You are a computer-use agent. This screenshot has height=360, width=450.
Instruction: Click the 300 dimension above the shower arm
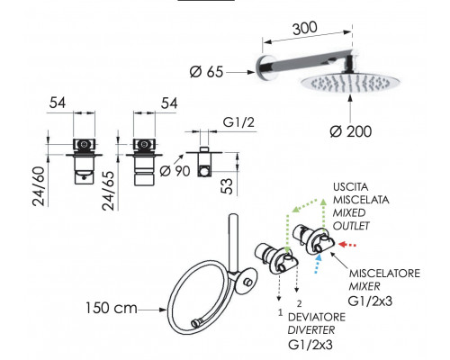(x=305, y=28)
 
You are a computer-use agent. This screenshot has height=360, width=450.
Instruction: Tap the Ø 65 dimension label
(x=207, y=72)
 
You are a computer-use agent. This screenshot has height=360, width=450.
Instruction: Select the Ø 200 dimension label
(x=351, y=131)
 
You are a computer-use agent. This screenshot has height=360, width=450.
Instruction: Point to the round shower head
(x=345, y=83)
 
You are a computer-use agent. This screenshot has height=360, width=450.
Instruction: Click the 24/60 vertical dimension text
(x=39, y=186)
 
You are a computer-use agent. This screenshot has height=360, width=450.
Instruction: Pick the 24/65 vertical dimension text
(x=108, y=191)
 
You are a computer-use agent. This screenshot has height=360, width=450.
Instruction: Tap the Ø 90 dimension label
(x=175, y=171)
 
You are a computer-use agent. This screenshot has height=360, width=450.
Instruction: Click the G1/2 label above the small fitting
(x=238, y=122)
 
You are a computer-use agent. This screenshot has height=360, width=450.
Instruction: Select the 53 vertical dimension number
(x=228, y=186)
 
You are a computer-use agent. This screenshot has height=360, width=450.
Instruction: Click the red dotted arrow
(x=347, y=245)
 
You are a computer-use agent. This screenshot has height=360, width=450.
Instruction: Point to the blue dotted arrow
(x=318, y=264)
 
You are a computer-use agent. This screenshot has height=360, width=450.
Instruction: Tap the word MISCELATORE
(x=384, y=274)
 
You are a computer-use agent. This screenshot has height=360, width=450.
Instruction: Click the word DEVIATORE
(x=317, y=317)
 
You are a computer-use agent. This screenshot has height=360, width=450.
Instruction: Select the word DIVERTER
(x=311, y=330)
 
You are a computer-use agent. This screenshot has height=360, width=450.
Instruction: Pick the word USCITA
(x=350, y=187)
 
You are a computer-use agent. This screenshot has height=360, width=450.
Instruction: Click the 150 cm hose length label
(x=112, y=308)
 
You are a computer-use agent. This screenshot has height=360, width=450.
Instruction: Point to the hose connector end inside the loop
(x=196, y=324)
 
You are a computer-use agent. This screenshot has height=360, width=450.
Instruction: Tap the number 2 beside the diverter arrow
(x=299, y=304)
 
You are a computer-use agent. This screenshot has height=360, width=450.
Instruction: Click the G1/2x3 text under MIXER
(x=370, y=301)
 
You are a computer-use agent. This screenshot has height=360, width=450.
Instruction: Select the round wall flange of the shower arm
(x=262, y=68)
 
